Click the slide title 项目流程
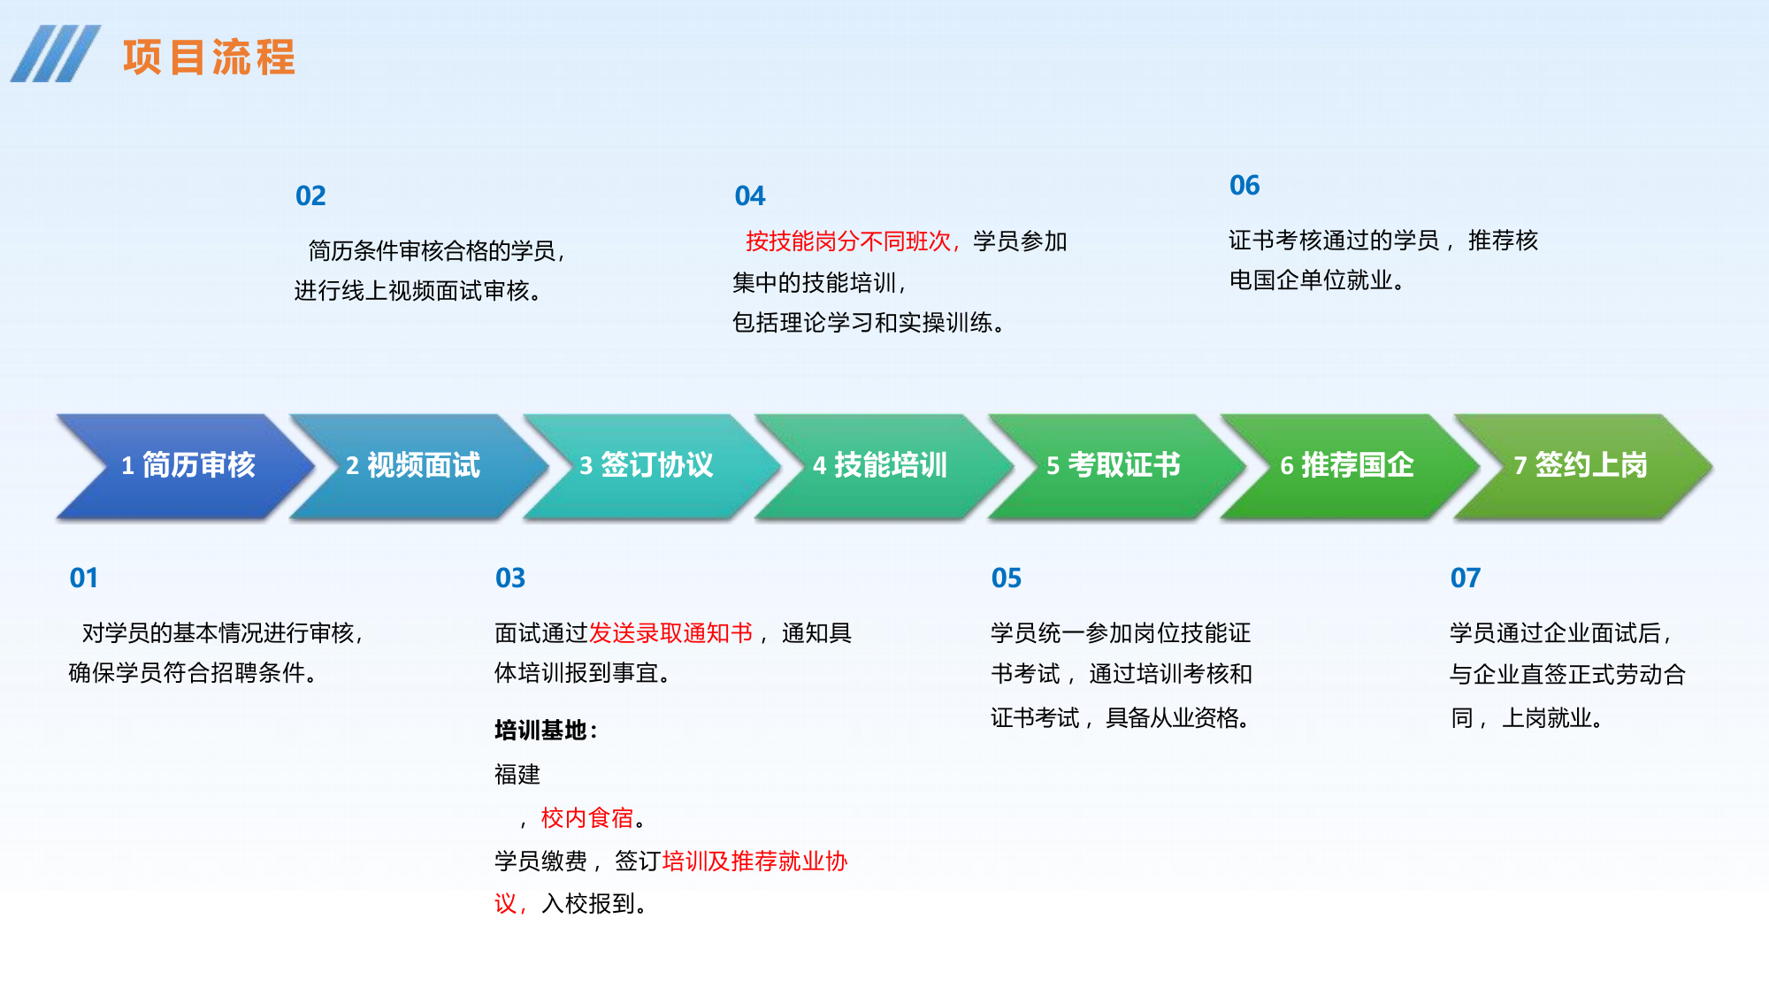coord(209,57)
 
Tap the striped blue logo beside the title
coord(55,54)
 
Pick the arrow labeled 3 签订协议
coord(647,465)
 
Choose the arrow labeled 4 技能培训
coord(880,465)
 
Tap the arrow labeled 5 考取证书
coord(1114,465)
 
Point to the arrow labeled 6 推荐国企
coord(1347,465)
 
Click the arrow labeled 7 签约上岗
coord(1581,465)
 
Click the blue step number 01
coord(84,578)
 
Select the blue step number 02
coord(310,196)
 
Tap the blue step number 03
coord(510,578)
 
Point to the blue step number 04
coord(750,196)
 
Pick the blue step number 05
coord(1007,578)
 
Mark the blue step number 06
coord(1244,186)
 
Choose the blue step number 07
coord(1466,578)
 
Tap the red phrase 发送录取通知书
coord(670,633)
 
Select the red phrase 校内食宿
coord(587,818)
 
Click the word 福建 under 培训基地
coord(517,775)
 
